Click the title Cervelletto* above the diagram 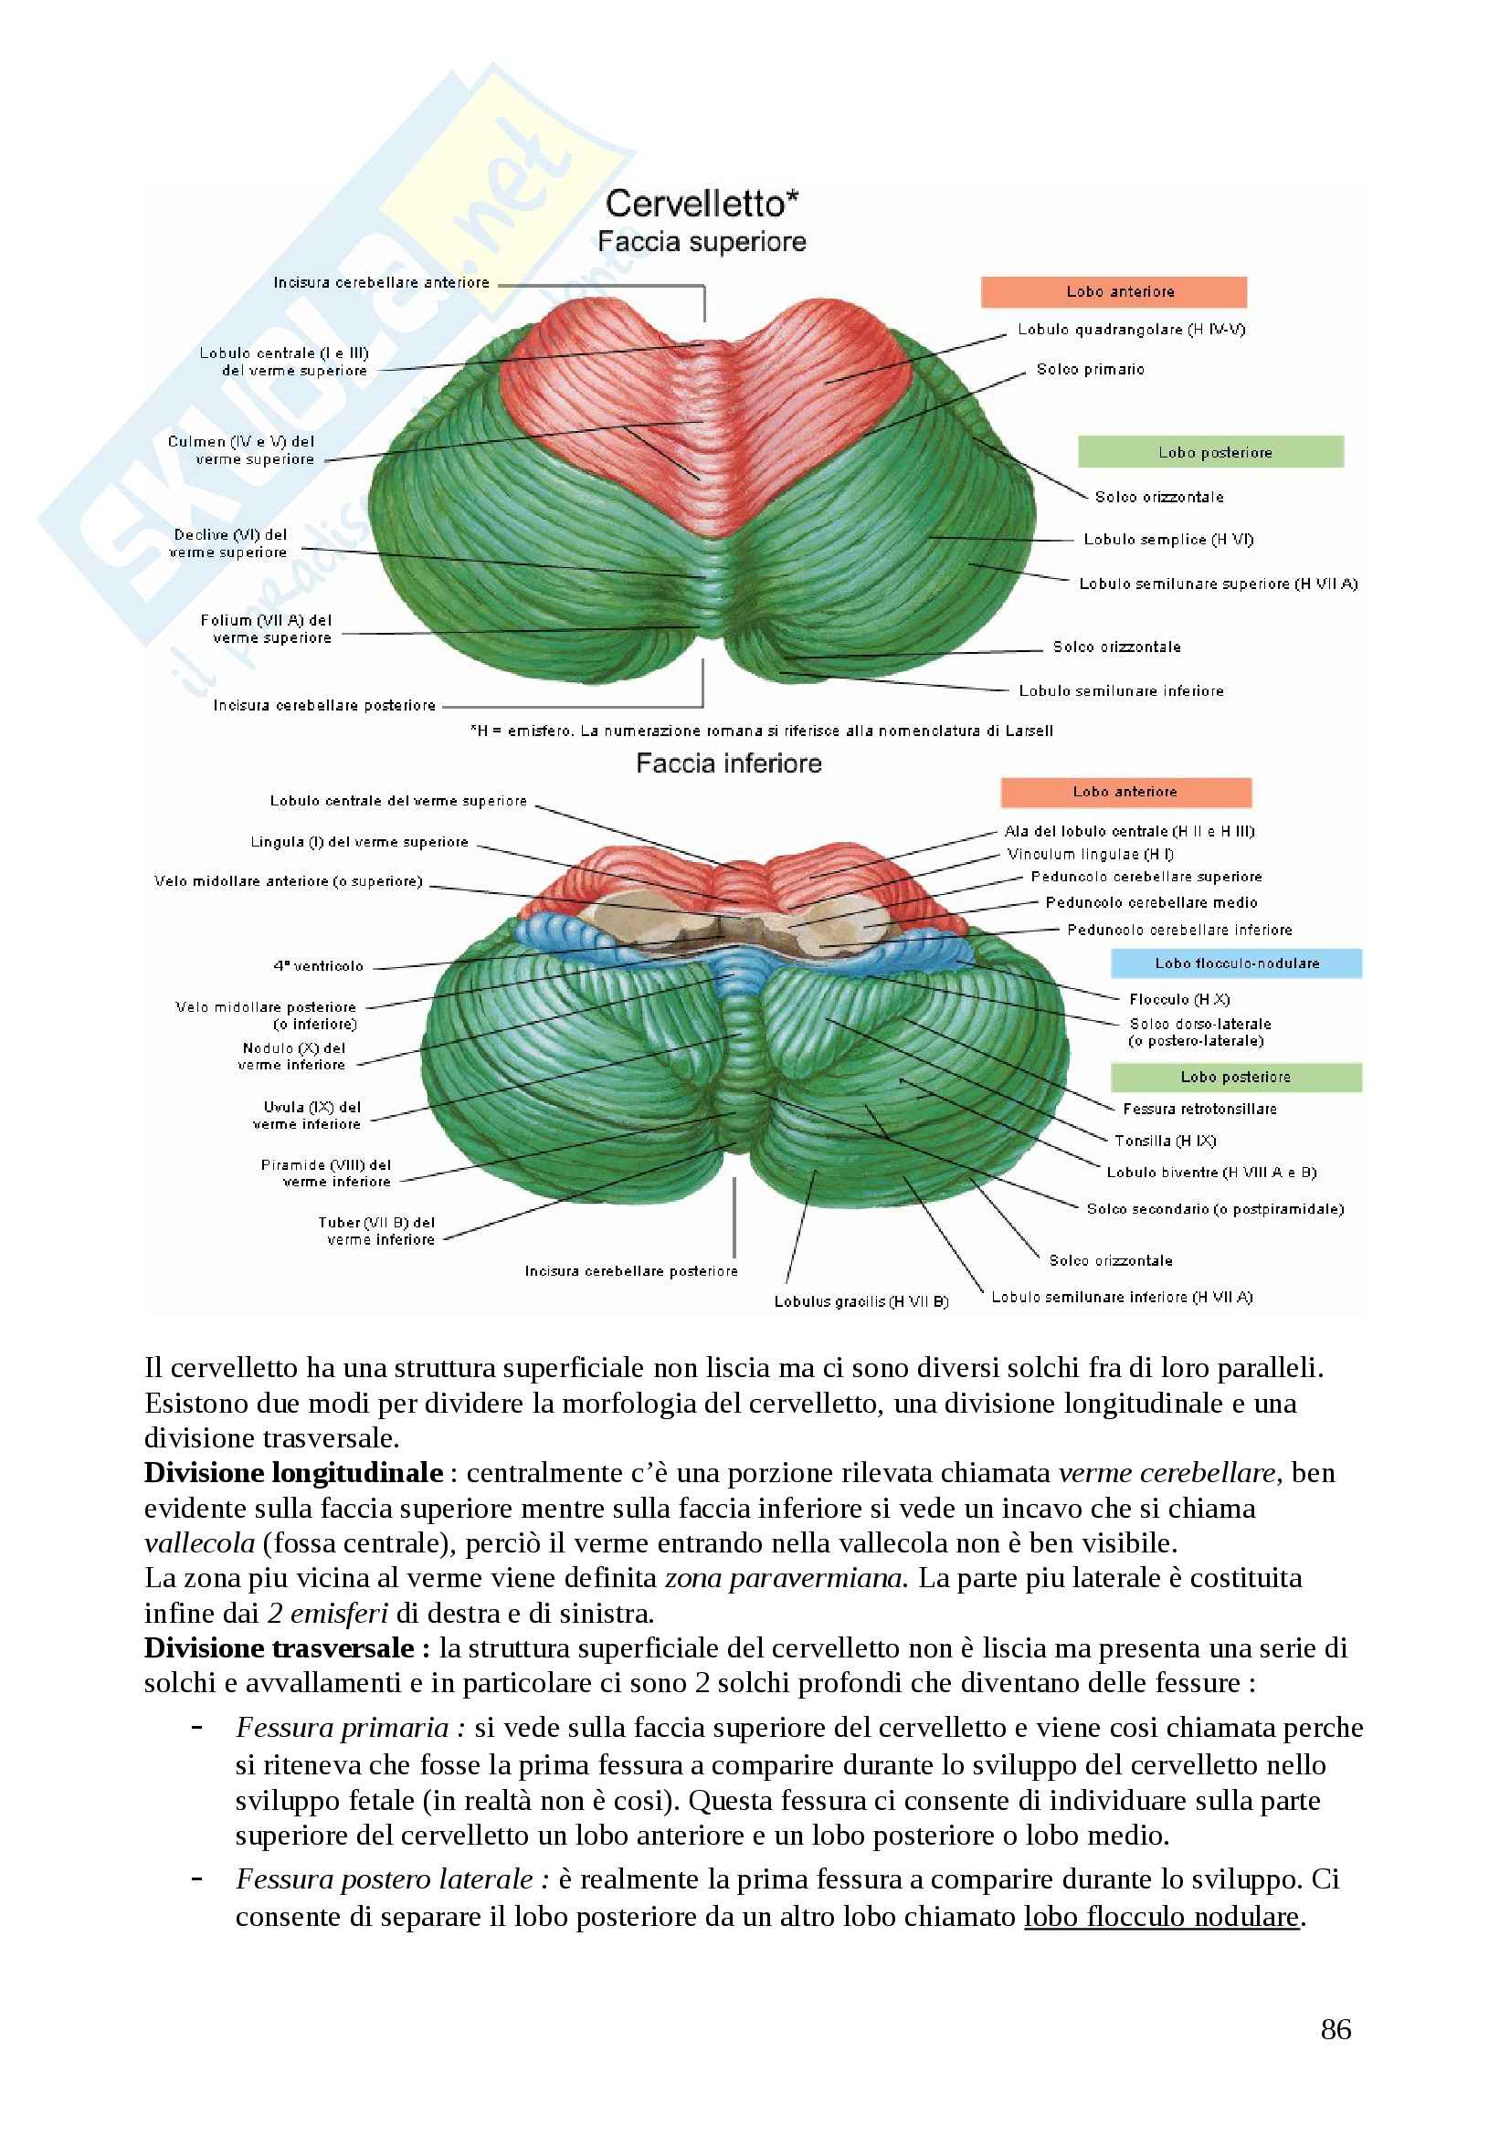pos(702,203)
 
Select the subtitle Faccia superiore pos(702,242)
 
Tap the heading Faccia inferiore pos(728,763)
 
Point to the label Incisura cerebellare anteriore pos(382,283)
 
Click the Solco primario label pos(1091,369)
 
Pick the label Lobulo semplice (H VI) pos(1168,540)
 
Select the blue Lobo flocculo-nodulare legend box pos(1237,963)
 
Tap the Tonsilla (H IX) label pos(1165,1141)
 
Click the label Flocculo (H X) pos(1178,999)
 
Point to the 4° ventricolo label pos(318,965)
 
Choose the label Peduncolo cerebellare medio pos(1151,902)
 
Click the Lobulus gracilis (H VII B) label pos(861,1301)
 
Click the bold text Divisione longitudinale pos(293,1473)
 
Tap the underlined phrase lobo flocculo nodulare pos(1161,1917)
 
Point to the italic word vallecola pos(199,1543)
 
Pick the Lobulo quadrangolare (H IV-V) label pos(1131,330)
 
